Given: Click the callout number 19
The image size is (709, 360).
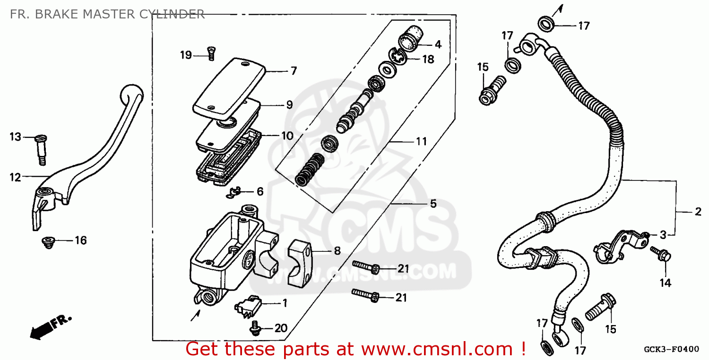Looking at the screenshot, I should pyautogui.click(x=186, y=55).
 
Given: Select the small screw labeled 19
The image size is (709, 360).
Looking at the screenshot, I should pyautogui.click(x=211, y=54).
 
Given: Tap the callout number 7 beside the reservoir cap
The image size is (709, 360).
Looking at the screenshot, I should pyautogui.click(x=293, y=71).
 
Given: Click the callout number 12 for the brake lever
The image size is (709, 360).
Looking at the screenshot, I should pyautogui.click(x=15, y=178).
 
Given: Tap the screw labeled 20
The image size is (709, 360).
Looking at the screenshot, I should pyautogui.click(x=256, y=327).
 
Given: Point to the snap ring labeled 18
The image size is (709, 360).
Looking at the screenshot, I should pyautogui.click(x=398, y=59).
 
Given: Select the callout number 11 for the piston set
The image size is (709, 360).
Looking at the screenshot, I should pyautogui.click(x=421, y=141).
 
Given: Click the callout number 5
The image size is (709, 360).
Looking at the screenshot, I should pyautogui.click(x=433, y=204).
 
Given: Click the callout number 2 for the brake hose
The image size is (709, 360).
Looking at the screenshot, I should pyautogui.click(x=698, y=212).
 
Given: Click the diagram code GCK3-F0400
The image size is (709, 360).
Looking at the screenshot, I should pyautogui.click(x=671, y=350).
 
